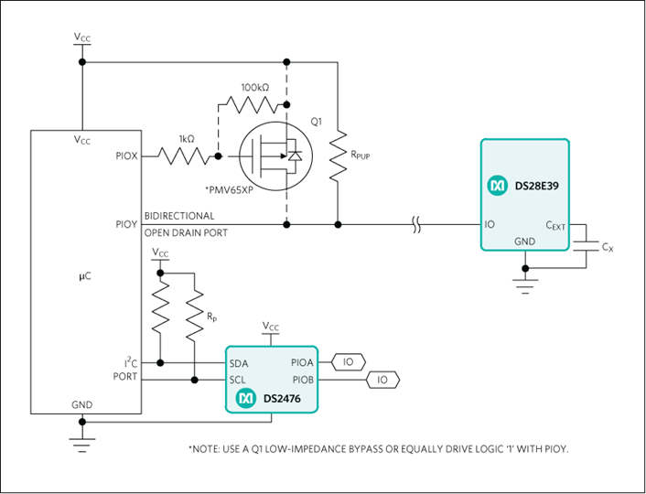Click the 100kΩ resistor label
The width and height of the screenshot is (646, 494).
coord(255,87)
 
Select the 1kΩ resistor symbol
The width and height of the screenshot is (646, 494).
coord(183,156)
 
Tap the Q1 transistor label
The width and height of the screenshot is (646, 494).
coord(317,122)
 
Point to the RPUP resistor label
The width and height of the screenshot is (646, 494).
coord(361,155)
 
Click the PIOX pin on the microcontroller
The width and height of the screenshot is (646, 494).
coord(126,156)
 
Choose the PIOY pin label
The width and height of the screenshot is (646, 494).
coord(126,224)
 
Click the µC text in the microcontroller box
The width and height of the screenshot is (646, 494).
coord(85,276)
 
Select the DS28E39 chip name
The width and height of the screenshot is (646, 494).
coord(537,186)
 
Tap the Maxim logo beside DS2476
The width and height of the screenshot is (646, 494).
coord(246,398)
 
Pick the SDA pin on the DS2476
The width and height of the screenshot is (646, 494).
coord(239,363)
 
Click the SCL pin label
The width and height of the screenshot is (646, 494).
coord(238,380)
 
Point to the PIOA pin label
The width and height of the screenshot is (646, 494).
coord(302,362)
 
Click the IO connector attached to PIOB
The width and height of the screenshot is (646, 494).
coord(382,380)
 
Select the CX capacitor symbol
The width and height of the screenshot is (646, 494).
coord(587,246)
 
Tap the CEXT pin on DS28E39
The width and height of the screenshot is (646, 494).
coord(555,225)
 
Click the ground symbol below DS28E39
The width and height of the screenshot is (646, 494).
coord(525,286)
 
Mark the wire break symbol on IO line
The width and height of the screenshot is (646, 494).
coord(416,224)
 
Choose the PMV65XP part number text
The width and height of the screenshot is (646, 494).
coord(229,190)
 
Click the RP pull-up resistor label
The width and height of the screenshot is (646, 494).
coord(211,317)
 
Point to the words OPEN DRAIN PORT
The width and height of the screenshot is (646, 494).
coord(186,232)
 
